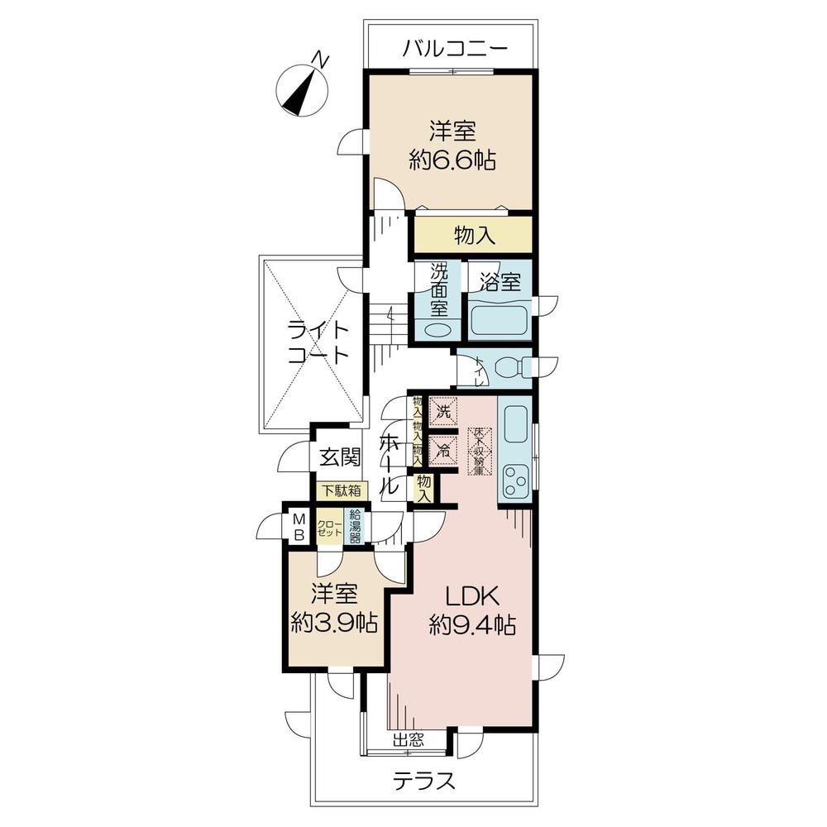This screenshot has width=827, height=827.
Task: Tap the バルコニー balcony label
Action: click(x=454, y=49)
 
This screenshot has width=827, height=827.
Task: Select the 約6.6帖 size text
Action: click(x=452, y=160)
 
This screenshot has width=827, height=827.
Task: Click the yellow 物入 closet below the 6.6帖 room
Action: click(x=474, y=236)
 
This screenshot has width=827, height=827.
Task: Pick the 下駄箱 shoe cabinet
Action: click(x=341, y=490)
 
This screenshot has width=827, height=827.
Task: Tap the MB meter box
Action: click(x=299, y=526)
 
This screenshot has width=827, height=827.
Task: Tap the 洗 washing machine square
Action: click(x=444, y=409)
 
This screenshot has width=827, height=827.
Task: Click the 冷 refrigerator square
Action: click(x=444, y=451)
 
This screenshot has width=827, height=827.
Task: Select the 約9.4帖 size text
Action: click(x=472, y=624)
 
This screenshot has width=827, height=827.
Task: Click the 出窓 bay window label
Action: click(x=408, y=740)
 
